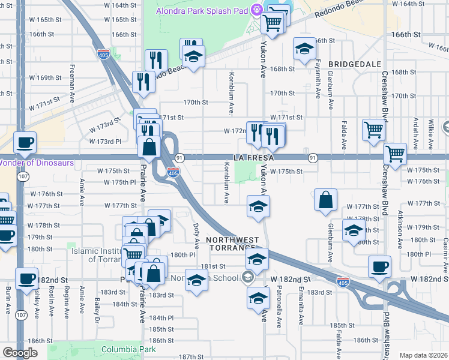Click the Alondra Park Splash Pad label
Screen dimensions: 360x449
click(202, 10)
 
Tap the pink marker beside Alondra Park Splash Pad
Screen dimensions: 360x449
click(257, 10)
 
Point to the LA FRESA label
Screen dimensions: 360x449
click(254, 158)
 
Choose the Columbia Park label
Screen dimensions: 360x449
click(128, 349)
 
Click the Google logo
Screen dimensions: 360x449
click(20, 353)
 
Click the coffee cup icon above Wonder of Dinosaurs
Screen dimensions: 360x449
click(25, 142)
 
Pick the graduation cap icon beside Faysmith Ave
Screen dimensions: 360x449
click(304, 49)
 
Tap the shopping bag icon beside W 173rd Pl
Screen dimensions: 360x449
click(149, 146)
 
